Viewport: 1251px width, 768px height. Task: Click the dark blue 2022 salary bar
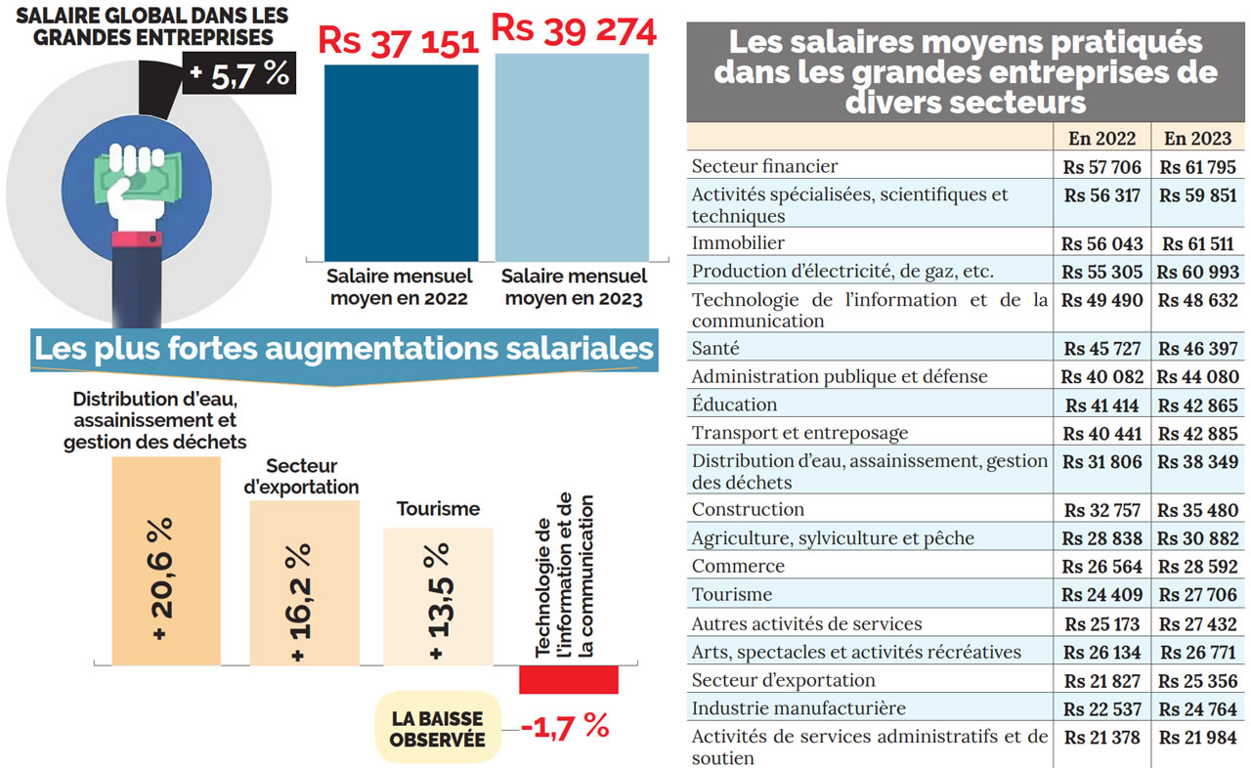[401, 162]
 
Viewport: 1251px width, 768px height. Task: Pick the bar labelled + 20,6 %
[165, 562]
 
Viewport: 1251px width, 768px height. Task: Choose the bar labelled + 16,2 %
[304, 583]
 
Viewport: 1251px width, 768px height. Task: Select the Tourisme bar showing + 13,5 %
[438, 597]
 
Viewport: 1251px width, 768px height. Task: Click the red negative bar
[569, 679]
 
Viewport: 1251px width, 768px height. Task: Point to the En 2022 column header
[1101, 138]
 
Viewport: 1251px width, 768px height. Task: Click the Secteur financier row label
[764, 167]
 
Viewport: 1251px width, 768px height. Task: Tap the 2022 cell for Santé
[1101, 349]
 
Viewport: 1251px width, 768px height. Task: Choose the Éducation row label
[734, 405]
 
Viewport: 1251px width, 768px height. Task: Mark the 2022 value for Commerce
[1101, 567]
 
